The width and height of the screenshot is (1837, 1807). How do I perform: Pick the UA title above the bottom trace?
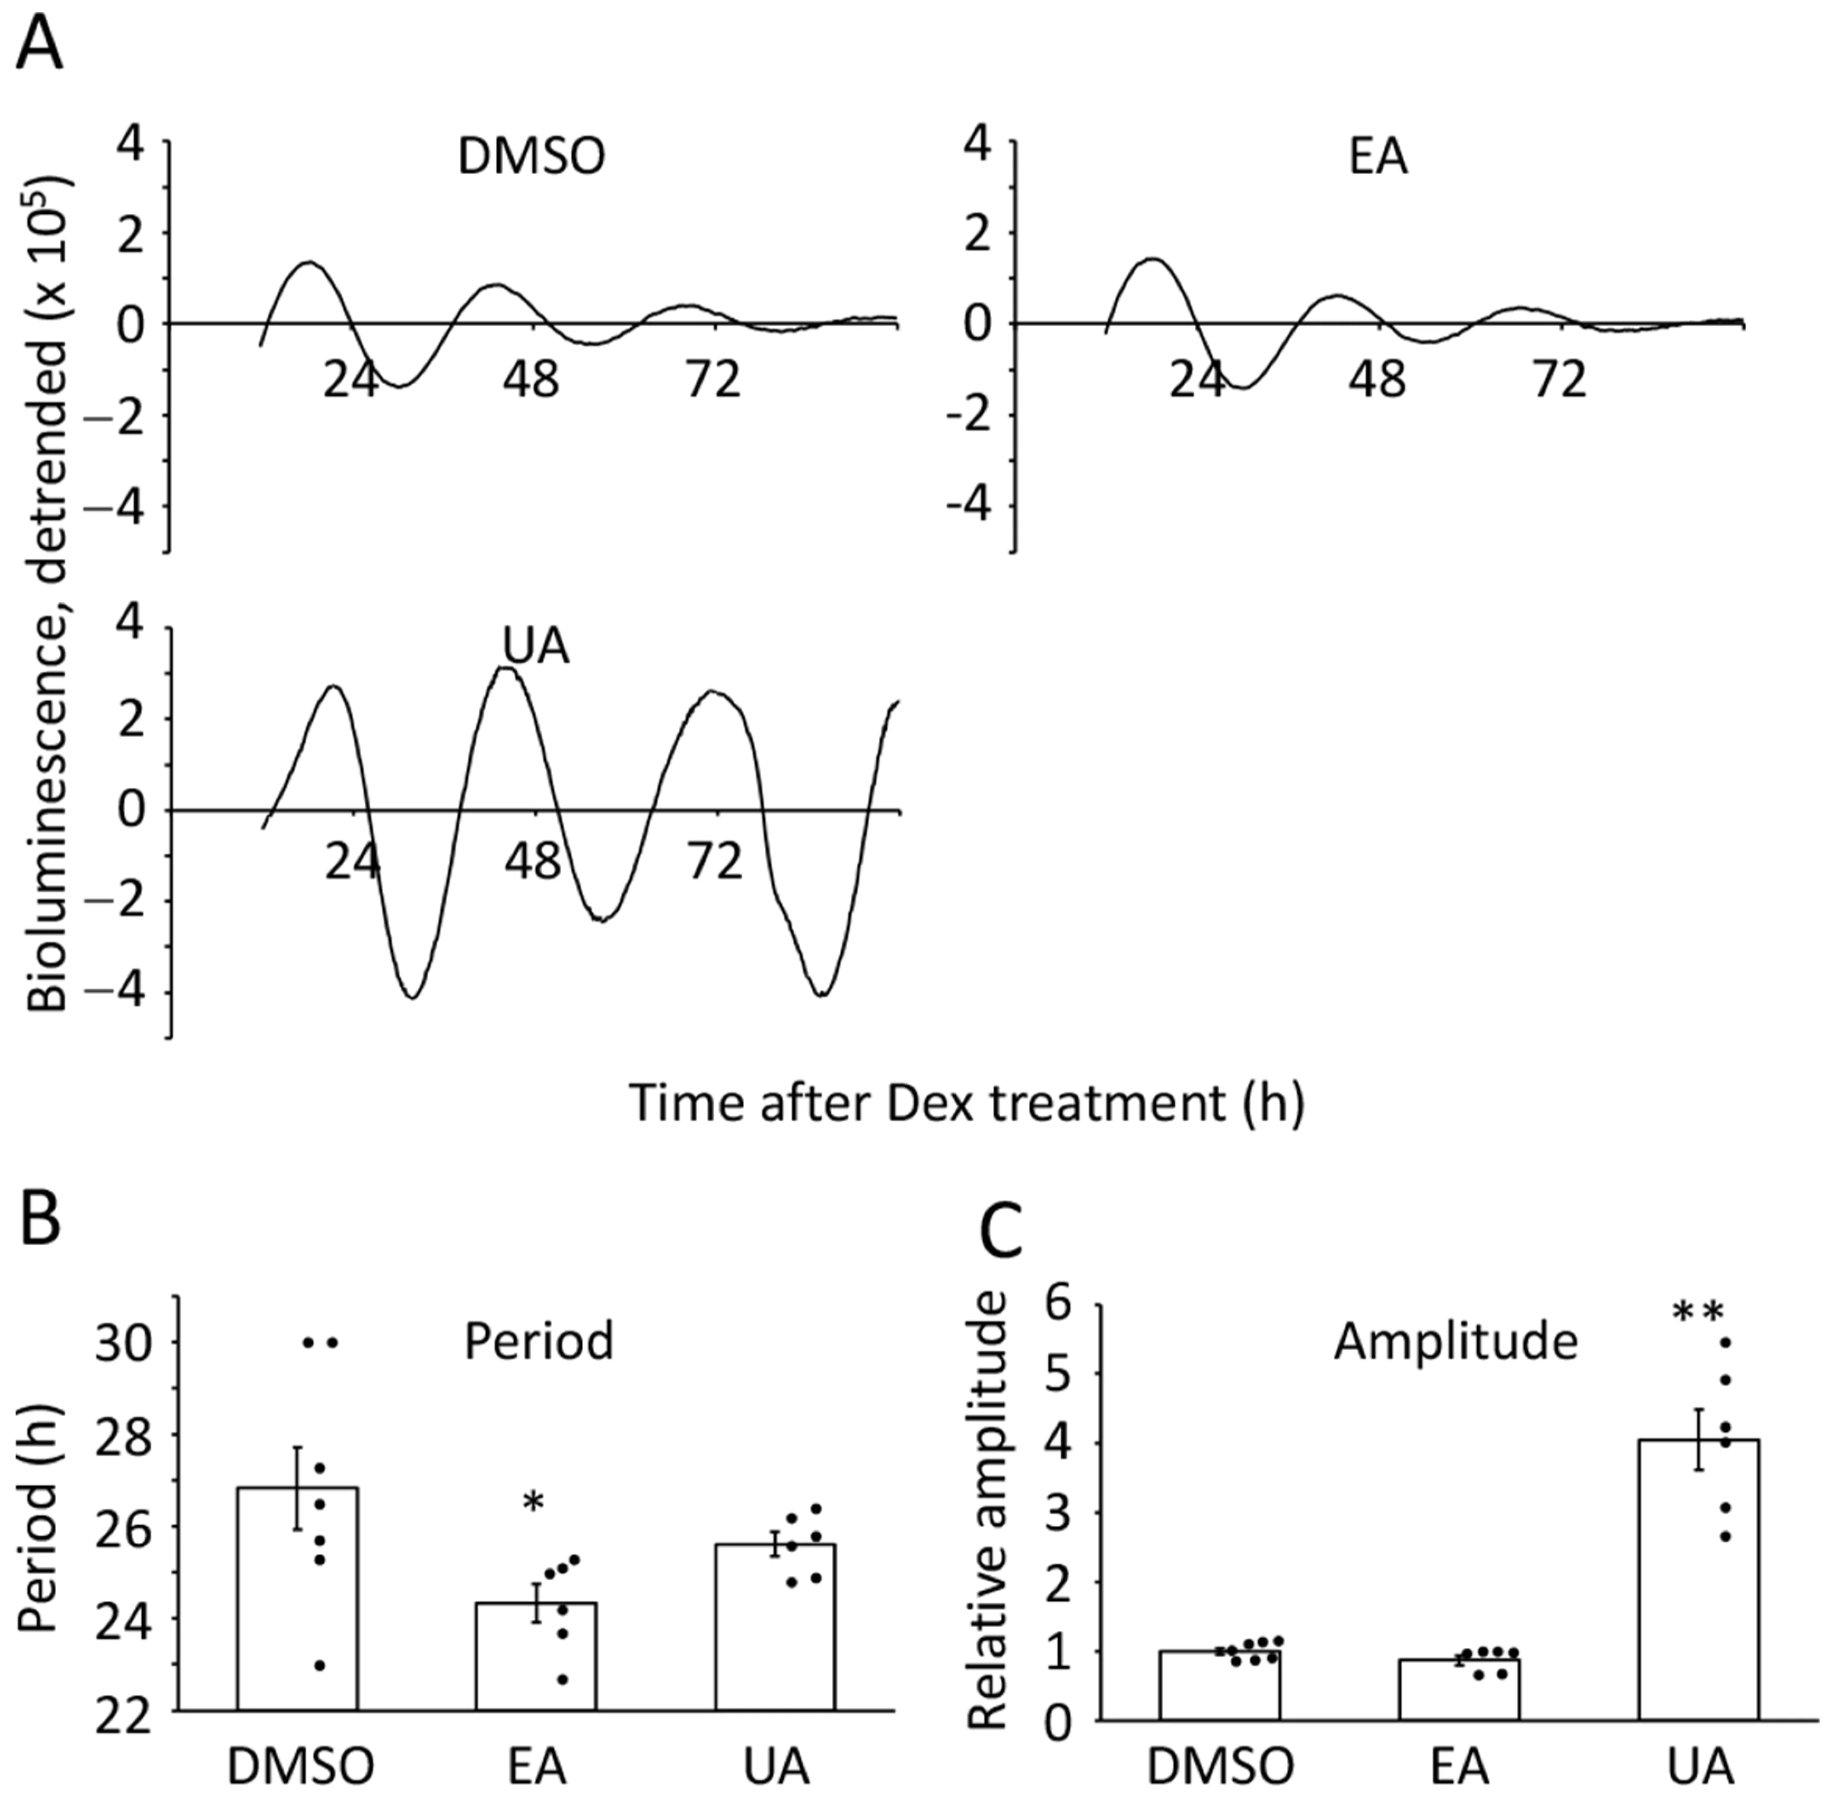point(535,646)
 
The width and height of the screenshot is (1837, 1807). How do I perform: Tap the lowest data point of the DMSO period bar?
point(320,1666)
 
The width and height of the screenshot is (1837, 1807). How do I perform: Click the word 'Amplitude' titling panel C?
point(1456,1342)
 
